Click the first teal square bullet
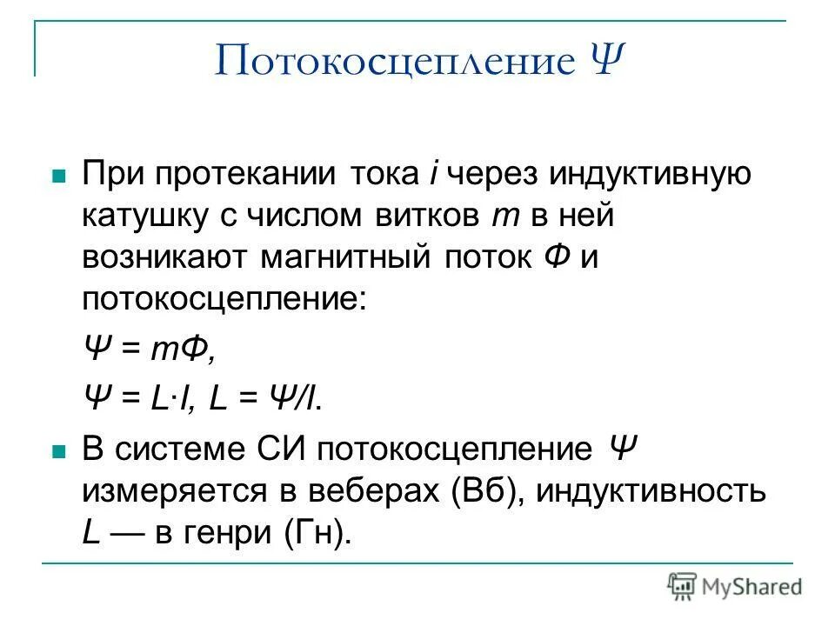[x=59, y=175]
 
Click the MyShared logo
[x=735, y=586]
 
